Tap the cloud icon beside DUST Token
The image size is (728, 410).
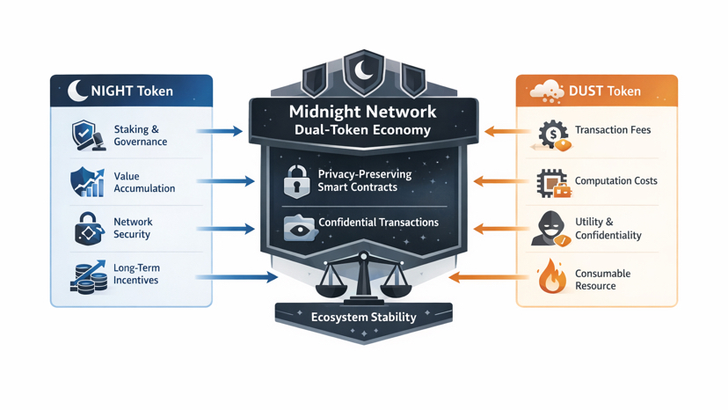[547, 90]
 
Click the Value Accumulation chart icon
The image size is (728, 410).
[87, 182]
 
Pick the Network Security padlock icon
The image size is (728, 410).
[87, 229]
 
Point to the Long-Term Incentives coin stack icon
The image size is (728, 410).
[87, 275]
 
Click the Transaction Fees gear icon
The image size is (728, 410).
[553, 135]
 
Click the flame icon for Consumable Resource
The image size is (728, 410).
[551, 275]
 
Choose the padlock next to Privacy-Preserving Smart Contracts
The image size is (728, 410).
[296, 180]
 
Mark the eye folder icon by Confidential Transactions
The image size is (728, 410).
[299, 226]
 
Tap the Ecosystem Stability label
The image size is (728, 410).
[364, 317]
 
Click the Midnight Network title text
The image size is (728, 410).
[362, 112]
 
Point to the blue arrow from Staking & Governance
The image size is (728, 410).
[219, 131]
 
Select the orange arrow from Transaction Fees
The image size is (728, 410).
[506, 132]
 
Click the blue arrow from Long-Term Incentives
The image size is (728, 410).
[236, 277]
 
